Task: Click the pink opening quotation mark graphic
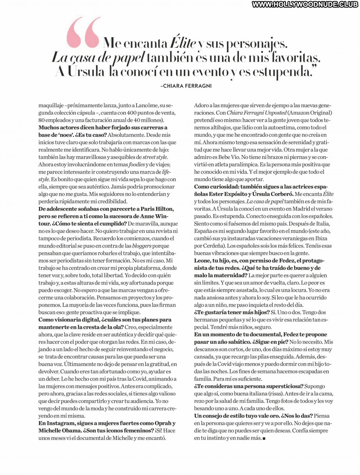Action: tap(83, 32)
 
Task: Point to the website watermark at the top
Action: tap(305, 4)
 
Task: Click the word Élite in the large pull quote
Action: tap(183, 43)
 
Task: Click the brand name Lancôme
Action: tap(147, 105)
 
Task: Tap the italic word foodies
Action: tap(137, 164)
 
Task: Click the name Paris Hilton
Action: tap(157, 209)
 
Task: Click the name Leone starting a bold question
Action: tap(202, 261)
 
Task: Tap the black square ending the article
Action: tap(264, 438)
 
